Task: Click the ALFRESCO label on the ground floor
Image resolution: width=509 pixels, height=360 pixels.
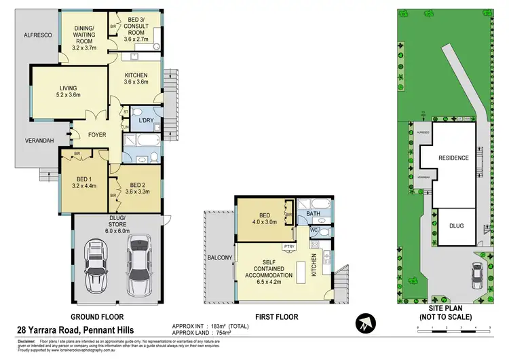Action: [x=38, y=33]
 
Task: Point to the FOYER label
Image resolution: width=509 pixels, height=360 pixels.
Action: [x=97, y=134]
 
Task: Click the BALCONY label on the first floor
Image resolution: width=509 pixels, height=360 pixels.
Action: [x=219, y=257]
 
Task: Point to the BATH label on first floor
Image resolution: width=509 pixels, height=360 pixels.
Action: [x=312, y=213]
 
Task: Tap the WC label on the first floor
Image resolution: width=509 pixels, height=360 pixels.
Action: [x=314, y=231]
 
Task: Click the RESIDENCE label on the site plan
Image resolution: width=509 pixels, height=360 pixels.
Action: [x=453, y=158]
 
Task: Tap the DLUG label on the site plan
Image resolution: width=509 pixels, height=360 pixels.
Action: [x=456, y=225]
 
